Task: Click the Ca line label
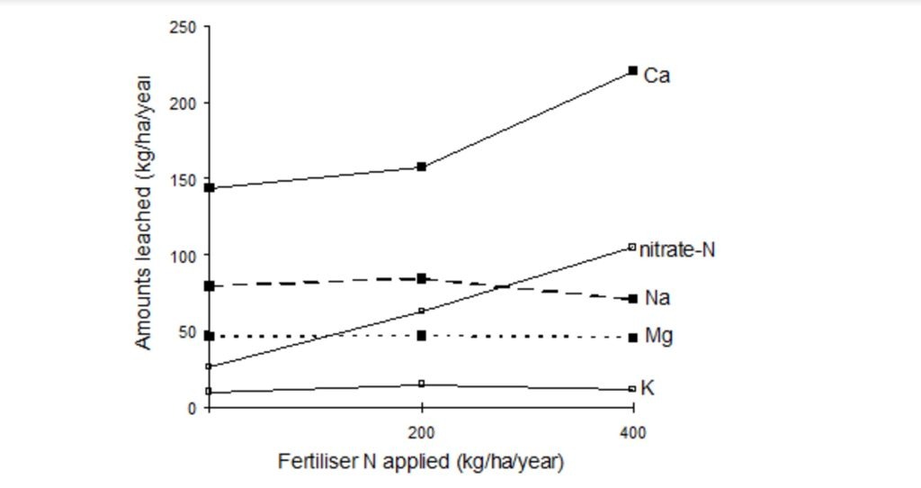[x=657, y=77]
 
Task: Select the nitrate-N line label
[x=676, y=249]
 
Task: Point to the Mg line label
[x=658, y=337]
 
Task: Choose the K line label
[x=648, y=389]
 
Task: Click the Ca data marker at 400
[x=633, y=70]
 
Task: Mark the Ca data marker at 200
[x=422, y=167]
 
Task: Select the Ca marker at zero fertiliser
[x=210, y=187]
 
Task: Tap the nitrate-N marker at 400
[x=632, y=247]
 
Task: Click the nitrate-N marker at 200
[x=422, y=312]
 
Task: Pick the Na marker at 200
[x=422, y=279]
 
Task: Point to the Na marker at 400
[x=633, y=298]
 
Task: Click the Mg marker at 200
[x=422, y=336]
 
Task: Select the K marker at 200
[x=422, y=384]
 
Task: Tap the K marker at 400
[x=632, y=389]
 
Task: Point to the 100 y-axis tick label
[x=183, y=256]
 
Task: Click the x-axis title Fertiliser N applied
[x=421, y=463]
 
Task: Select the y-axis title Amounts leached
[x=144, y=212]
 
